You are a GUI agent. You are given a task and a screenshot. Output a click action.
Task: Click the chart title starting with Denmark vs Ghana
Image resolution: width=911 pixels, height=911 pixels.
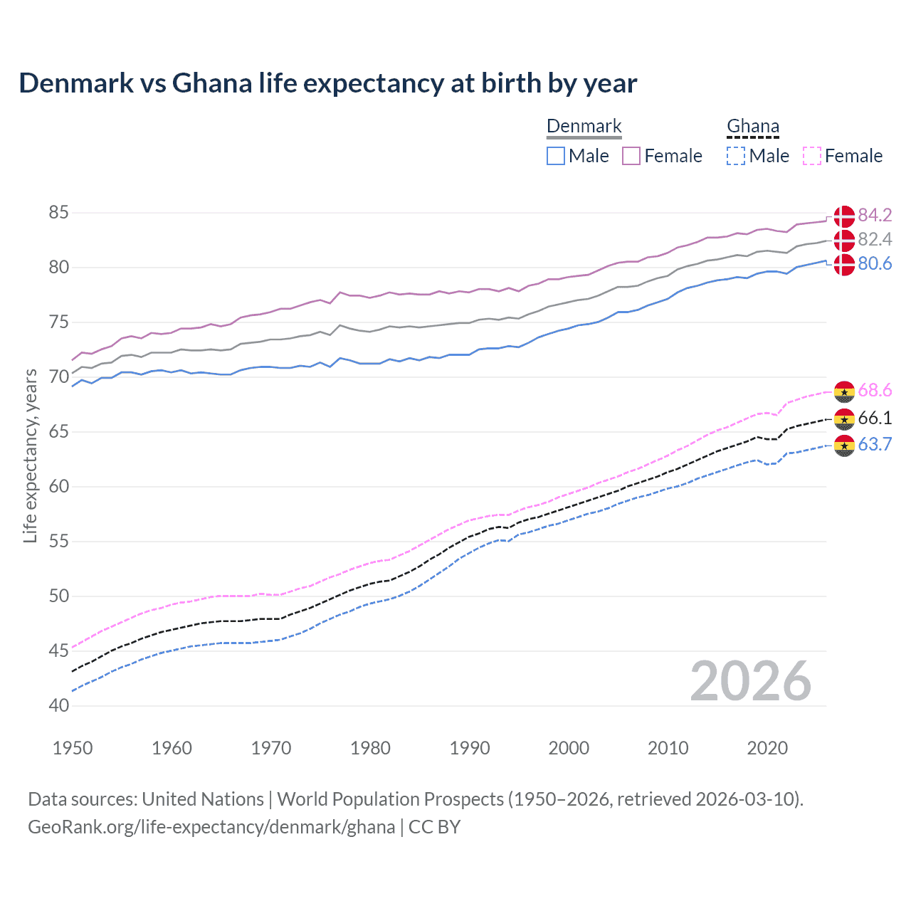coord(327,83)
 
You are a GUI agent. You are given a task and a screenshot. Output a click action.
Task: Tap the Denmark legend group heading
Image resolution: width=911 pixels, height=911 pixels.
coord(584,127)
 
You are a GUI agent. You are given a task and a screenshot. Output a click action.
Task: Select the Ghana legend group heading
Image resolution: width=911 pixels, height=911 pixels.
coord(753,127)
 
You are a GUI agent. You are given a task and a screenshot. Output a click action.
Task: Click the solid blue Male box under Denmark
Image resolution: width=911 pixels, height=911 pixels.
coord(556,156)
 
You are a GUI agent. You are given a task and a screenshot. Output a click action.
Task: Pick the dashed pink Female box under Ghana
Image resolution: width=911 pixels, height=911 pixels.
coord(812,156)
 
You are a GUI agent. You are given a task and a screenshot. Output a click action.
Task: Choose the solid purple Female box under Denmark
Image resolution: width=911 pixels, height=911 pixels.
coord(631,156)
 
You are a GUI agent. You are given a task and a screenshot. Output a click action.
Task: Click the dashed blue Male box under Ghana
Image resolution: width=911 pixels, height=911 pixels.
coord(736,156)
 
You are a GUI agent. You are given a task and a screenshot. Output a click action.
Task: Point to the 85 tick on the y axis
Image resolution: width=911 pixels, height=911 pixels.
coord(59,213)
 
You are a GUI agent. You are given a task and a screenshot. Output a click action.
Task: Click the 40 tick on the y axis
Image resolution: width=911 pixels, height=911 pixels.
coord(59,706)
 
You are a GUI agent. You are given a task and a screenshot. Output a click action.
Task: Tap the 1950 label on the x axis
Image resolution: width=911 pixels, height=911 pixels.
coord(73,748)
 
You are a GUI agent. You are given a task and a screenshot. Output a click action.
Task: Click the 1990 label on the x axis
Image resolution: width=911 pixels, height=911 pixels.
coord(470,748)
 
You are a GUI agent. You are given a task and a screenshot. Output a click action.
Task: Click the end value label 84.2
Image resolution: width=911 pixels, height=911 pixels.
coord(875,215)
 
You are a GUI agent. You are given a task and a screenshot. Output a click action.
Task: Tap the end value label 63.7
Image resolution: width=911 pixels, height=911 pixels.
coord(875,445)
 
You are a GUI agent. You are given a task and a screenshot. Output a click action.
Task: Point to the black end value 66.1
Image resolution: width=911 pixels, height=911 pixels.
coord(875,418)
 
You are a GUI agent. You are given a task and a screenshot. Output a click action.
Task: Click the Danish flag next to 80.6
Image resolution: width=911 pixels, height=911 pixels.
coord(844,264)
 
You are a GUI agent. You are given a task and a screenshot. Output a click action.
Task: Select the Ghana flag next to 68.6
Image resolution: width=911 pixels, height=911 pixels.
coord(844,391)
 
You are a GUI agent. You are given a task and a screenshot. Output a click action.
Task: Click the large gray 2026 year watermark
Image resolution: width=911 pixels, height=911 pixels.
coord(751,681)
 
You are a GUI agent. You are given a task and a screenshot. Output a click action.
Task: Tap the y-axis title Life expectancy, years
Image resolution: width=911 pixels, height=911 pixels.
coord(31,456)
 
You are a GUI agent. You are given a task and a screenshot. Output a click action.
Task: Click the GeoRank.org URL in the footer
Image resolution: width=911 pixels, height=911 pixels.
coord(211,827)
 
